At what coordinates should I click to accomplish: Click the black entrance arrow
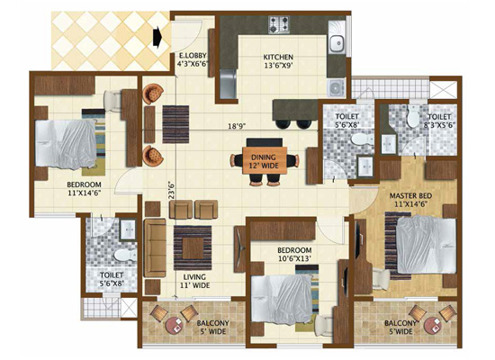tap(157, 37)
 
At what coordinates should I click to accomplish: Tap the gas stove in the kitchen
tap(279, 25)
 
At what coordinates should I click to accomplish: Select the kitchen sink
tap(337, 42)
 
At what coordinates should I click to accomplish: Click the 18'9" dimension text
tap(237, 126)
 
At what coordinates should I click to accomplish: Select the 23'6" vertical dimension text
tap(171, 190)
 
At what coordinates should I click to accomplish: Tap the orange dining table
tap(265, 160)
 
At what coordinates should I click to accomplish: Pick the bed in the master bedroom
tap(427, 245)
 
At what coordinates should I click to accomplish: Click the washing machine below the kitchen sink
tap(337, 88)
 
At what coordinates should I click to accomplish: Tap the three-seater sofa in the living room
tap(155, 247)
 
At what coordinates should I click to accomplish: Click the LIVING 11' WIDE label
tap(194, 281)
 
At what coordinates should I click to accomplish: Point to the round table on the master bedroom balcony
tap(433, 326)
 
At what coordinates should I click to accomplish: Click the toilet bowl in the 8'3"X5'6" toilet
tap(412, 116)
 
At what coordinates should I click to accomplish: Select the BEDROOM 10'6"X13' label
tap(294, 254)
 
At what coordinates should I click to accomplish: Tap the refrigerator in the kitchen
tap(229, 84)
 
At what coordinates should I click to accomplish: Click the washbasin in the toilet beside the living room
tap(128, 229)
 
